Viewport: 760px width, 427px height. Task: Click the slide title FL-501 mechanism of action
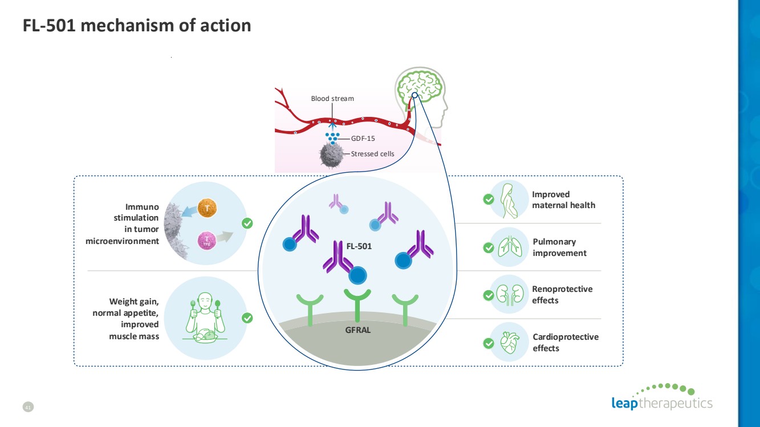(x=137, y=26)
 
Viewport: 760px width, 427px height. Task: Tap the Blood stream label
(x=332, y=99)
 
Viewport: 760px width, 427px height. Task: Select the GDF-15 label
(x=363, y=138)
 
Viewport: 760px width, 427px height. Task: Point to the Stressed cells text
(x=372, y=153)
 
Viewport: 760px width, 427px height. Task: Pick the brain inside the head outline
(x=421, y=86)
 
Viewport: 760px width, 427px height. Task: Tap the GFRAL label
(x=357, y=330)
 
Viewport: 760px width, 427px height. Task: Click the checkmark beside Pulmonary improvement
(x=488, y=247)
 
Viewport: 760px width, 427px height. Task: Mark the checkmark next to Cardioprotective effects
(x=488, y=343)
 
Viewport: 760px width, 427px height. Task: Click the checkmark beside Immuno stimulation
(x=247, y=223)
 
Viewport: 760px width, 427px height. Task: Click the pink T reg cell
(x=206, y=241)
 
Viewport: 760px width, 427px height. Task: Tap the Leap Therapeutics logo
(x=661, y=397)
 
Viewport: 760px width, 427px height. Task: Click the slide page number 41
(x=27, y=406)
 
